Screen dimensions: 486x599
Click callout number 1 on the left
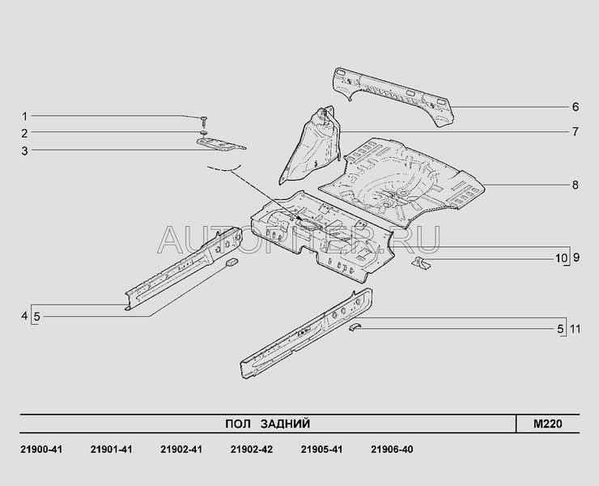[x=24, y=116]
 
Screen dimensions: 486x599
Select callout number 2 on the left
[x=24, y=133]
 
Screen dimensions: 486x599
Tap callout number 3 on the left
[x=24, y=150]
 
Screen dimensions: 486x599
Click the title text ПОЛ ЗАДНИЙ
[x=266, y=424]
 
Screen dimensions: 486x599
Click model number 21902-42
[x=250, y=450]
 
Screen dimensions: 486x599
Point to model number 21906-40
[x=391, y=450]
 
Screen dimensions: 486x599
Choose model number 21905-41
[x=321, y=450]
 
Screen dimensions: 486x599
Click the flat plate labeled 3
[x=220, y=144]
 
